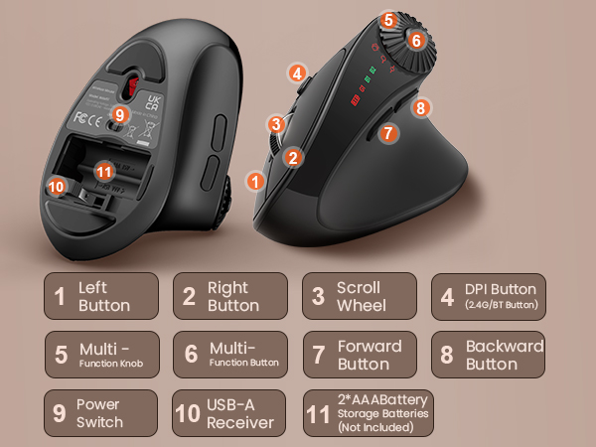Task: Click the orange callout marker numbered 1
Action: [x=256, y=182]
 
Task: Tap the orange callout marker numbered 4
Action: [x=297, y=73]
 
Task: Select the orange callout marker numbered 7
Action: [x=389, y=131]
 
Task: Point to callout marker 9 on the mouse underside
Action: [x=120, y=114]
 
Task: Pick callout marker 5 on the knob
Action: [x=389, y=19]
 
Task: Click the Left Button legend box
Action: [x=100, y=296]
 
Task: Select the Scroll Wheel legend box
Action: [x=359, y=296]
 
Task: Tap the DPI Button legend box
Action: [x=489, y=296]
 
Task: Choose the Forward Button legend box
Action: [x=359, y=355]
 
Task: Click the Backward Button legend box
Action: [x=489, y=355]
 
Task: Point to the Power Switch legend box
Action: [x=100, y=413]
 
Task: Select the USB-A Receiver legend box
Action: [x=229, y=413]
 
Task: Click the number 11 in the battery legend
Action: [x=320, y=413]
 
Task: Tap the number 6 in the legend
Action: [x=192, y=356]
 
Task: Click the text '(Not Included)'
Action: [x=378, y=428]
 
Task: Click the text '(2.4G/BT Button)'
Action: [x=502, y=307]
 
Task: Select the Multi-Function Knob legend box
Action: [x=100, y=355]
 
